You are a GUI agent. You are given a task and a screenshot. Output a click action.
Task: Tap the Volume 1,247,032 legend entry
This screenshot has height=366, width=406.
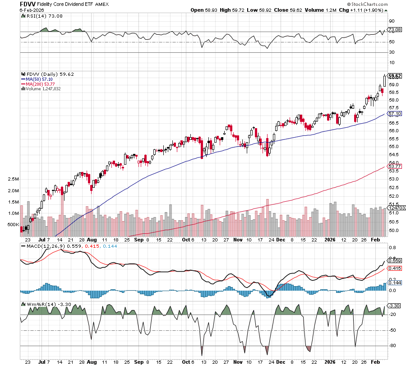tap(43, 88)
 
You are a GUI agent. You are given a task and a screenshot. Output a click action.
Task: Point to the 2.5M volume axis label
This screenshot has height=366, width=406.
tap(13, 179)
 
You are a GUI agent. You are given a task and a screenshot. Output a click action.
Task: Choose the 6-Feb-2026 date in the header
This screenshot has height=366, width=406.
tap(33, 9)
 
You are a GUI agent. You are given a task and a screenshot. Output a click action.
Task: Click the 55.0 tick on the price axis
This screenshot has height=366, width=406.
tap(392, 147)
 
